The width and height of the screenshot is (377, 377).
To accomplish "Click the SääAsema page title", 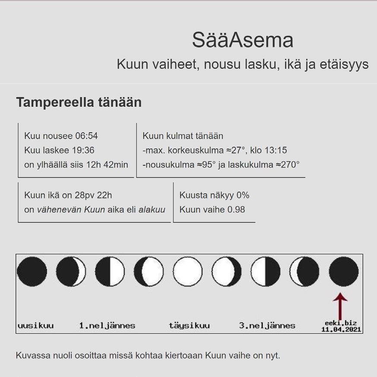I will (243, 41).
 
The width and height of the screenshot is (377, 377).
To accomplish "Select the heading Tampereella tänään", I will (79, 102).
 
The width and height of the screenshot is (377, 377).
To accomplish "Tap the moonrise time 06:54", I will (86, 136).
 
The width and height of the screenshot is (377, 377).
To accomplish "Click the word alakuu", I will (152, 209).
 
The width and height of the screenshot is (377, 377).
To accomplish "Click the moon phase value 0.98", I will (236, 209).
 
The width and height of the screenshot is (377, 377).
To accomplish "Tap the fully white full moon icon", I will (187, 272).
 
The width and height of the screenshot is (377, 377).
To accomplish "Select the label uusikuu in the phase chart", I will (35, 326).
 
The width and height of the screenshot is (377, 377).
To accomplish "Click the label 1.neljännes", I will (107, 326).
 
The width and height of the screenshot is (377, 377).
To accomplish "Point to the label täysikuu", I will (189, 326).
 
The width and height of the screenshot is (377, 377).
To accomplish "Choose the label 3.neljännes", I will (267, 326).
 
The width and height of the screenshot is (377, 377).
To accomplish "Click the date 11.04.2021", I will (341, 329).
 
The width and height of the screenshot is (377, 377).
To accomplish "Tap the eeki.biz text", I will (341, 323).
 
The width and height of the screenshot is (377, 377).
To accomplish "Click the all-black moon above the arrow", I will (344, 272).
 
